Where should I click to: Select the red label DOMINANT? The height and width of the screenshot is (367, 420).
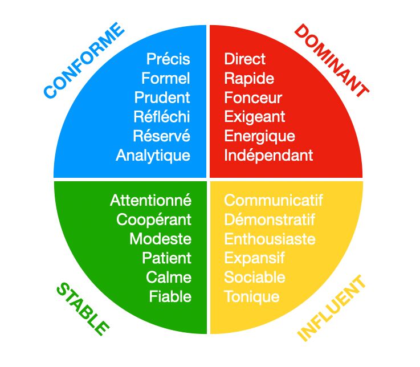[331, 59]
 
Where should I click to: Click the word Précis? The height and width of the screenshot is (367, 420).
[168, 59]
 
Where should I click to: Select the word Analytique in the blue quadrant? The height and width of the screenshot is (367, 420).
[153, 155]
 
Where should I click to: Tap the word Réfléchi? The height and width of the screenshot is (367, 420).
[162, 117]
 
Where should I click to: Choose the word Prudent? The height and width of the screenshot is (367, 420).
[162, 97]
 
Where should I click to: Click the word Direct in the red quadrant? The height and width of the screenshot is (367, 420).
[245, 59]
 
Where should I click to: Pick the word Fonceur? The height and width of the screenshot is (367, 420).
[253, 97]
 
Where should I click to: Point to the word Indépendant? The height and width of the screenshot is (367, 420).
[268, 155]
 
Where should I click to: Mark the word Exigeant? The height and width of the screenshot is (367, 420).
[255, 117]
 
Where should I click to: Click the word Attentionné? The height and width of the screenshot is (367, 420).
[150, 201]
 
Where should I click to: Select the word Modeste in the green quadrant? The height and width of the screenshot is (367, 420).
[160, 239]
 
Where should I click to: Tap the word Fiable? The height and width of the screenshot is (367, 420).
[170, 296]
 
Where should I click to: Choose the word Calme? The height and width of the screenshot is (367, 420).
[169, 278]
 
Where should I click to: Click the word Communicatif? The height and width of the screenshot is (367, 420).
[274, 201]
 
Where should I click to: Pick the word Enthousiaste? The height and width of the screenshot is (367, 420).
[270, 239]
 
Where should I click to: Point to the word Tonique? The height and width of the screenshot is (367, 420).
[252, 296]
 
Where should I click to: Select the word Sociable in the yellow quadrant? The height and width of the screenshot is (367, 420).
[255, 278]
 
